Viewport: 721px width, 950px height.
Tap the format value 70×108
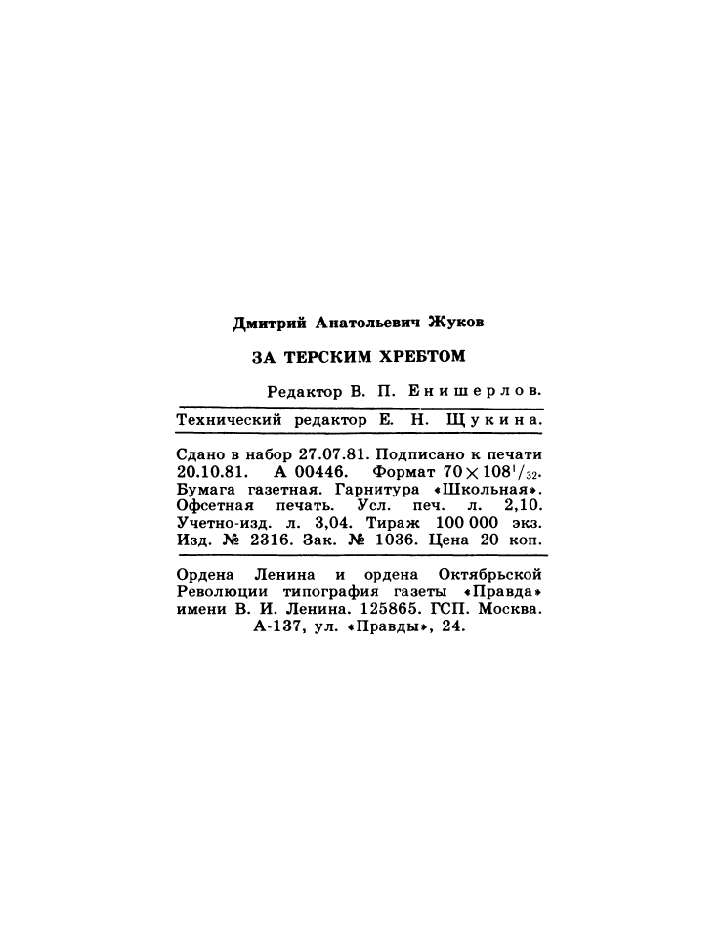(476, 473)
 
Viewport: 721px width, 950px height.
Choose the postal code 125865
(403, 609)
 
